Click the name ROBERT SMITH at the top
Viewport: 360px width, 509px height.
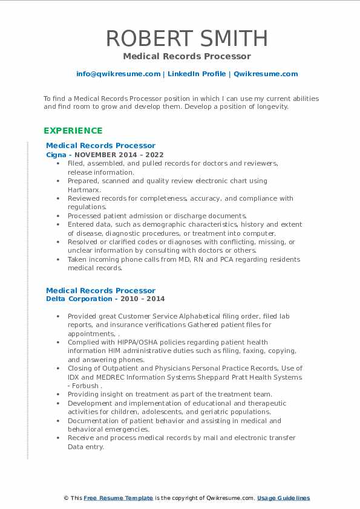coord(186,38)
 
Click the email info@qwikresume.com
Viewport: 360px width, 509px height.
coord(118,74)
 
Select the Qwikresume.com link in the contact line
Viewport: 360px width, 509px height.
coord(266,74)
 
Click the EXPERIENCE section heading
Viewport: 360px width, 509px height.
coord(73,131)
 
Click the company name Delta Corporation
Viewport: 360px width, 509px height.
coord(79,299)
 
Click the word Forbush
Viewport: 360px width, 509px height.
coord(85,386)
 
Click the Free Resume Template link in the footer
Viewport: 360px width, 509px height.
coord(119,498)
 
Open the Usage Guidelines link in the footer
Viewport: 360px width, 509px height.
coord(283,498)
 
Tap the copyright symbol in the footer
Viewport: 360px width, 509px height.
coord(67,498)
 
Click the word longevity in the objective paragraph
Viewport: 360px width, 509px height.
coord(266,106)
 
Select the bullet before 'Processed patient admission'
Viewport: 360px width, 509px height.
coord(57,216)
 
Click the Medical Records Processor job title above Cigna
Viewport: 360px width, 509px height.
coord(100,146)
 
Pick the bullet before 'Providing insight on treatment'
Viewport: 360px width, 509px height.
coord(57,395)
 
